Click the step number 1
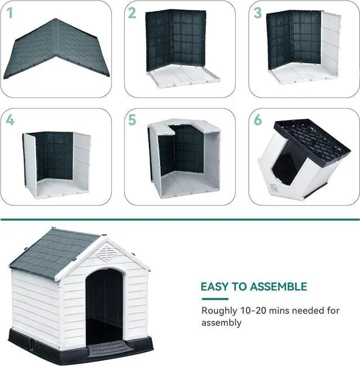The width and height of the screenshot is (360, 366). (10, 13)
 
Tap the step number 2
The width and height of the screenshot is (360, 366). (132, 13)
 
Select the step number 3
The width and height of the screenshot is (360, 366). (258, 13)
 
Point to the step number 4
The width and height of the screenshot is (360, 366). (10, 120)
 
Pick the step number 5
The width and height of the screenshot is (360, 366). (132, 120)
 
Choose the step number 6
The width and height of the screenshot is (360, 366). (258, 120)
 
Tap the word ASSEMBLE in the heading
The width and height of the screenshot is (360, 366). (278, 287)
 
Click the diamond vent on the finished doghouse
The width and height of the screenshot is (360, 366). (105, 253)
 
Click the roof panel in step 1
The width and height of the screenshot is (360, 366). (56, 50)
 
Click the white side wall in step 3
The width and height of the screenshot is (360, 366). (331, 45)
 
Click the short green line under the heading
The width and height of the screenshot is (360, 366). (214, 298)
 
